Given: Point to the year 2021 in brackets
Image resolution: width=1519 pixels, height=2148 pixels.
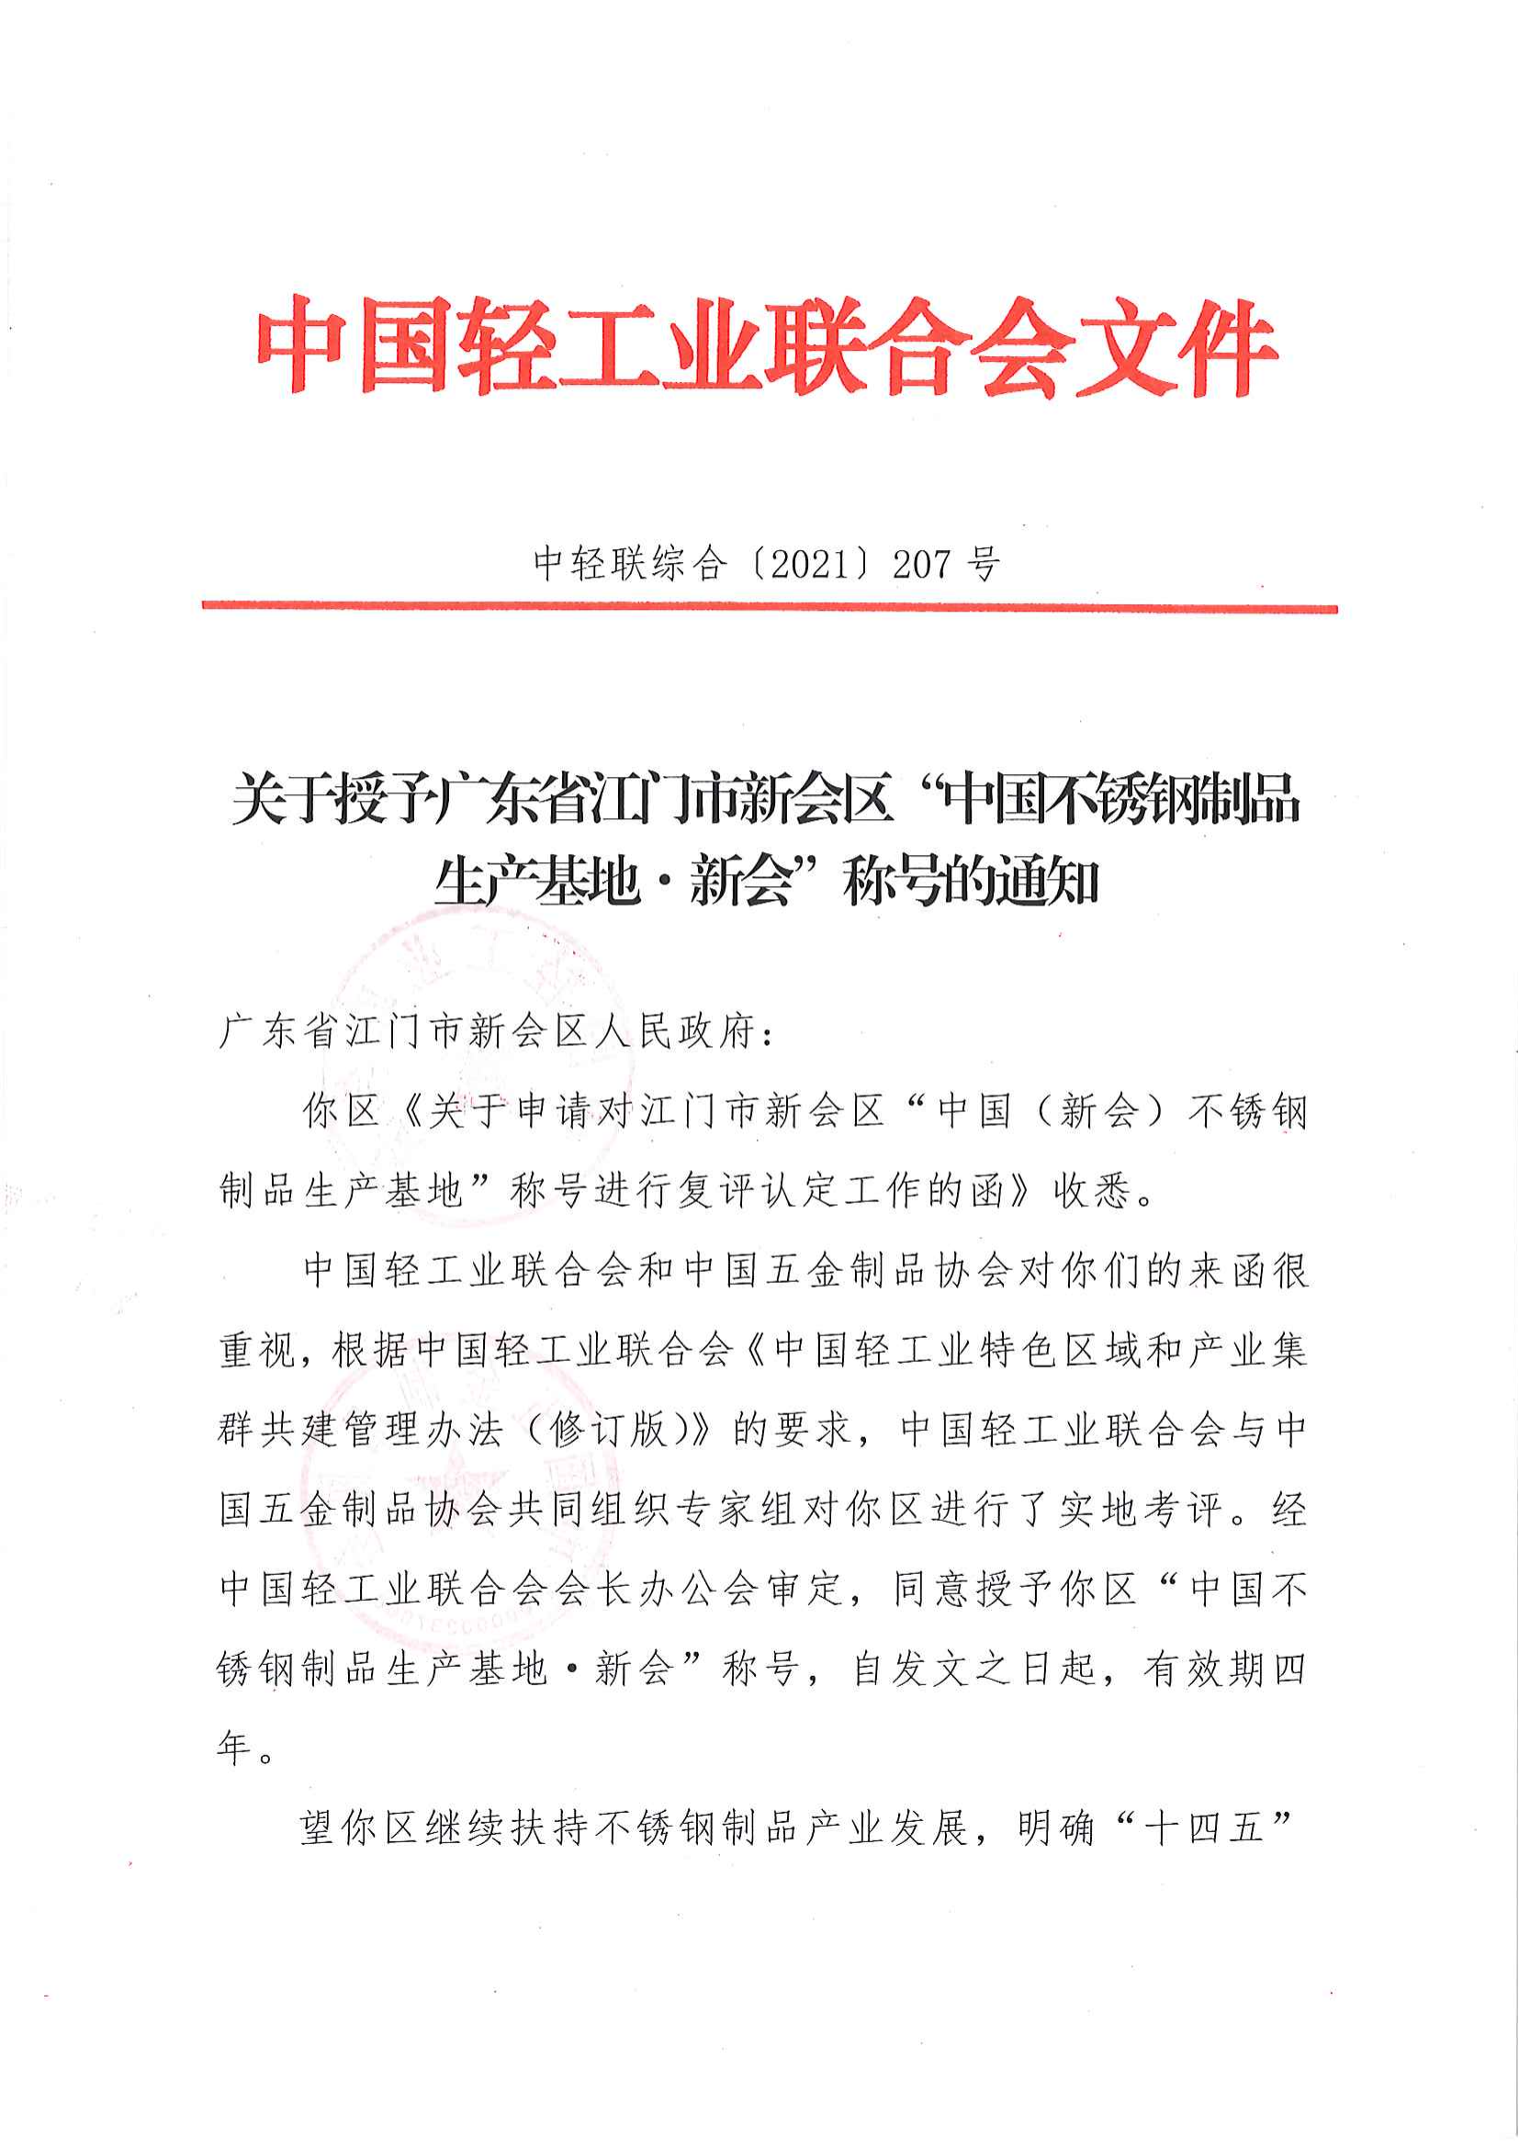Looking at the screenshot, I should pyautogui.click(x=812, y=564).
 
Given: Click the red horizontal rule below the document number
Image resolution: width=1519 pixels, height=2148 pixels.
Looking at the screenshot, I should pyautogui.click(x=769, y=607).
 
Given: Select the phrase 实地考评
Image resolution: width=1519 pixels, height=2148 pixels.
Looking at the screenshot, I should pyautogui.click(x=1142, y=1509).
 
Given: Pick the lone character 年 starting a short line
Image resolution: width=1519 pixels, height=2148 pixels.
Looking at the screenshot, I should pyautogui.click(x=234, y=1747).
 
